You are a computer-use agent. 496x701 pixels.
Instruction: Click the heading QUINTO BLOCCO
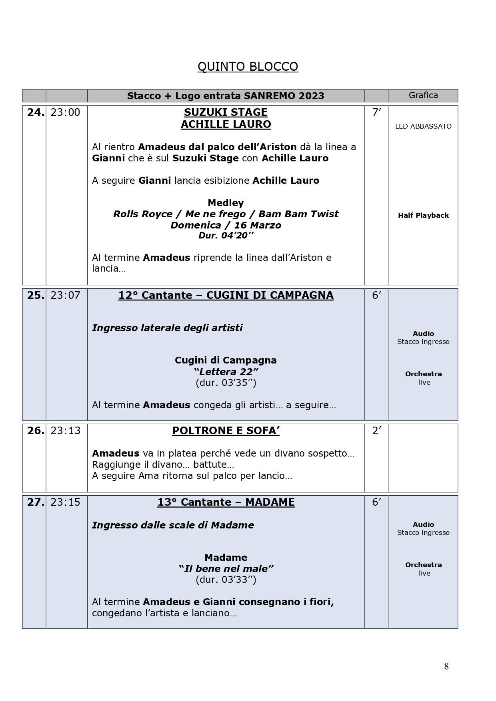pos(248,66)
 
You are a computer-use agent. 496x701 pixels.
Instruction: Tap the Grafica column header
pos(423,95)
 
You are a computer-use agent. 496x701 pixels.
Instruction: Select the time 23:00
pos(65,113)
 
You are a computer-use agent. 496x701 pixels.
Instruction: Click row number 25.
pos(35,295)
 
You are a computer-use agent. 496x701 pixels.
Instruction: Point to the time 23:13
pos(65,431)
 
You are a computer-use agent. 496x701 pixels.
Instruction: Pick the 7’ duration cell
pos(376,113)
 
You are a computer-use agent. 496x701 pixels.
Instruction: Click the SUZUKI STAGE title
pos(226,112)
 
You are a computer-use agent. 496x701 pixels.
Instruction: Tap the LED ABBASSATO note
pos(423,126)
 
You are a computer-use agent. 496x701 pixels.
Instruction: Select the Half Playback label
pos(423,215)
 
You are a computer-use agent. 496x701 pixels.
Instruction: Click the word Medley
pos(226,203)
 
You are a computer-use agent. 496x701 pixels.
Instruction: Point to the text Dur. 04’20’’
pos(226,236)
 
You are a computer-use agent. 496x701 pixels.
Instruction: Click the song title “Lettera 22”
pos(226,371)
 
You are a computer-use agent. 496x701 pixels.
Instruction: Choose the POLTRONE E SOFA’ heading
pos(226,431)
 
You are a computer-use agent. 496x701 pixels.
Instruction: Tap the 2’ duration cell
pos(376,431)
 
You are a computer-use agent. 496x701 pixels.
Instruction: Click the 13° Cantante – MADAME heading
pos(226,502)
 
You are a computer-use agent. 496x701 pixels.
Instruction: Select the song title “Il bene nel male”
pos(226,568)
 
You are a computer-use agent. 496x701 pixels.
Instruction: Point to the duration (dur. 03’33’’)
pos(226,580)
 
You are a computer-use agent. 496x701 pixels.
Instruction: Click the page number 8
pos(446,666)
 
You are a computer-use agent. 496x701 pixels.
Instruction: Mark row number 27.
pos(35,502)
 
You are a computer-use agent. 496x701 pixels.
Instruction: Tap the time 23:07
pos(65,295)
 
